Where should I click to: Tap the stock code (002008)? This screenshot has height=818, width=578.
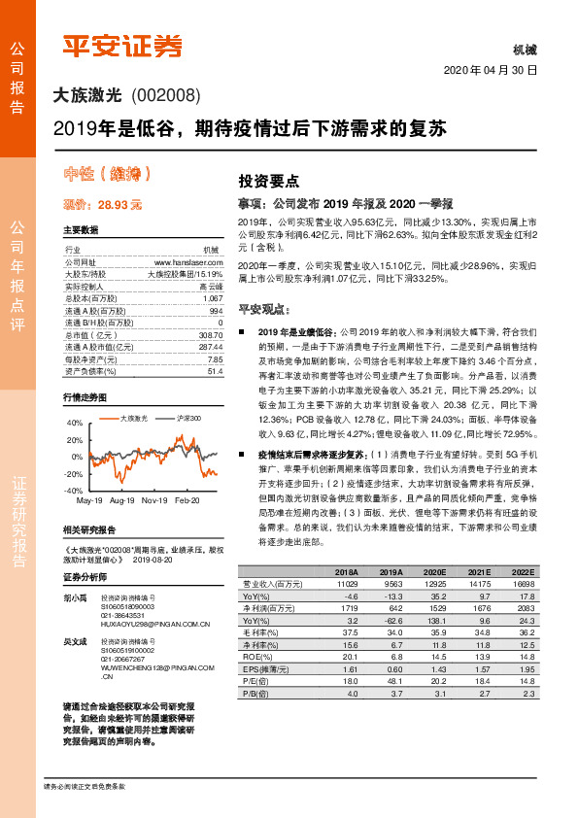[164, 95]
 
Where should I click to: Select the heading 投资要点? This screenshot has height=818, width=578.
[269, 181]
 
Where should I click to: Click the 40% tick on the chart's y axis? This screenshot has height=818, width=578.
[76, 424]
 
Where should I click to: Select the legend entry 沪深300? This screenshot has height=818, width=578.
[189, 418]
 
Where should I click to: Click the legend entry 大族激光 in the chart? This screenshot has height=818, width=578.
[133, 418]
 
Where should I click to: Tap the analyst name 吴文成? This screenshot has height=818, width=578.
[74, 642]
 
